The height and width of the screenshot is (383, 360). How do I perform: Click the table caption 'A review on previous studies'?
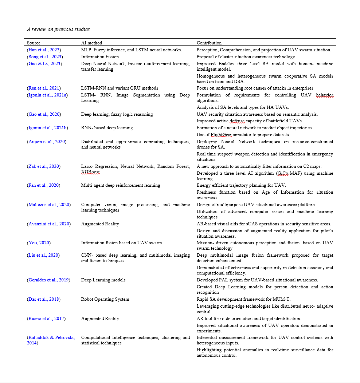point(58,29)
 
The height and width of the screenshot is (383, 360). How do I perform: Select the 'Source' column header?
point(34,43)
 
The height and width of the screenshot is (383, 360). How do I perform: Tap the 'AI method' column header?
point(91,43)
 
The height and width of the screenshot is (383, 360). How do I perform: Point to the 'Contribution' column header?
point(209,43)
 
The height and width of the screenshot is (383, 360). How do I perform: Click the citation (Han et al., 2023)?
point(44,50)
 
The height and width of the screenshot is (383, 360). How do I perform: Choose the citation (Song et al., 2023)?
point(45,57)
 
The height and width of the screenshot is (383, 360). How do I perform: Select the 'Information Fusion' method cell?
point(100,57)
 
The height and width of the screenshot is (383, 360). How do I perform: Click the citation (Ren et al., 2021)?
point(44,88)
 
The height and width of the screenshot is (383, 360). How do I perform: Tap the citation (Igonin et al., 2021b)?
point(47,128)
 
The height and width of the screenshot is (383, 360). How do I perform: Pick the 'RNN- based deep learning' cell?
point(107,128)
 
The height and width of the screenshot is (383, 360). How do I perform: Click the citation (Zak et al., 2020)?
point(44,166)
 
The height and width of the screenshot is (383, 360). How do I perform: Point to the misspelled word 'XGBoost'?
point(90,172)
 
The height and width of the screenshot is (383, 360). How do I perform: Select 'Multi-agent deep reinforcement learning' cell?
point(120,185)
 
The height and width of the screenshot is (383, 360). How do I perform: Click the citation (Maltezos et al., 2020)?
point(49,205)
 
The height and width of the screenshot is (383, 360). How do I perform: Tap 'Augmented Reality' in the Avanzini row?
point(100,224)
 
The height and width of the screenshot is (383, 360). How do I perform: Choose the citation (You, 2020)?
point(39,243)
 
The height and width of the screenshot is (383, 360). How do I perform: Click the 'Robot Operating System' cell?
point(105,299)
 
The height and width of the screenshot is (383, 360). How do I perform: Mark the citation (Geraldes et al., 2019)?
point(48,280)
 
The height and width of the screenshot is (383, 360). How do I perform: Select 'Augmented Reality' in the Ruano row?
point(100,319)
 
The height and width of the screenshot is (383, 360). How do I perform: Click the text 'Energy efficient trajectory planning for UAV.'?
point(241,185)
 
